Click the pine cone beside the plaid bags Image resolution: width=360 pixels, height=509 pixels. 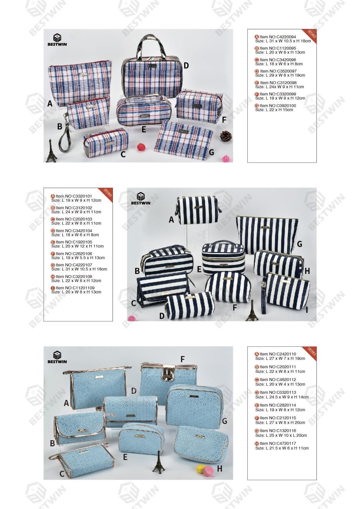point(226,136)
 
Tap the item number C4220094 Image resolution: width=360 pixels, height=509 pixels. point(285,37)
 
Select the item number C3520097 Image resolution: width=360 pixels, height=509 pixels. point(285,71)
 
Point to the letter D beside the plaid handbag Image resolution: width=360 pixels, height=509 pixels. point(186,66)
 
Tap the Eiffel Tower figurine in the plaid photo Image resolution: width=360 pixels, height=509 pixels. point(51,151)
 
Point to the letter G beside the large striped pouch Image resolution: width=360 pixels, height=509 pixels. point(300,244)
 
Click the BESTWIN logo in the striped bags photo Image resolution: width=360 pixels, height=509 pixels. point(141,199)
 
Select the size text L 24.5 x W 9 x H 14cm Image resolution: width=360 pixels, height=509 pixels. point(287,397)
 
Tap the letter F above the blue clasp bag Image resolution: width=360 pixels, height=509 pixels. point(182,359)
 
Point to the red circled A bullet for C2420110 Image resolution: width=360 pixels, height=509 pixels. point(257,354)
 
